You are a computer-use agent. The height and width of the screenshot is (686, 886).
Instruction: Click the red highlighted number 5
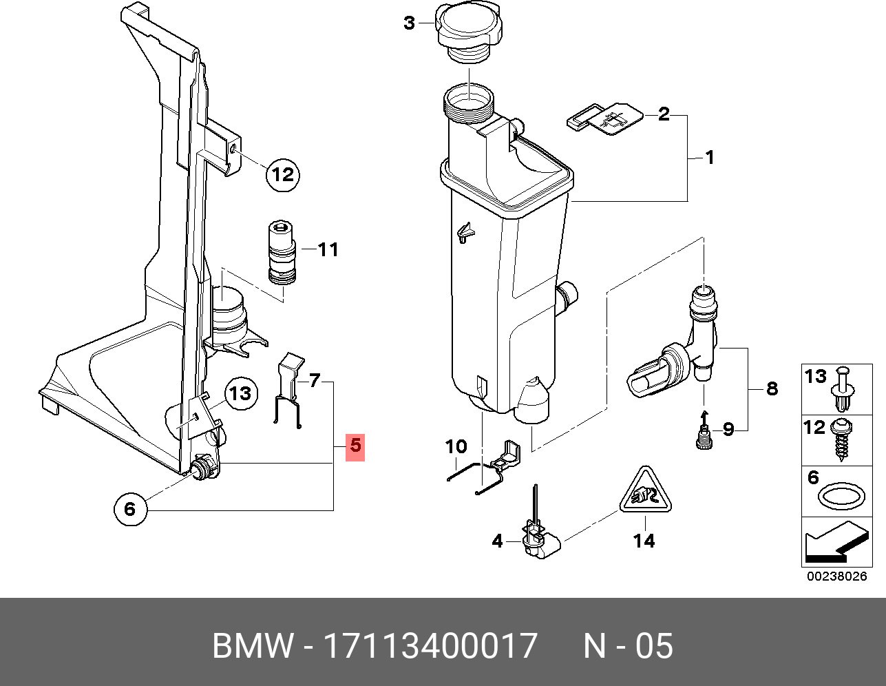(355, 447)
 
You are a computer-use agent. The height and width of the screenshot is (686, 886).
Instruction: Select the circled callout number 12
(282, 175)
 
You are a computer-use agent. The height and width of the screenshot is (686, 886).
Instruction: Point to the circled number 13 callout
(240, 394)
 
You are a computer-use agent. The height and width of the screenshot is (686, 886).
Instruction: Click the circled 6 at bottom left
(130, 509)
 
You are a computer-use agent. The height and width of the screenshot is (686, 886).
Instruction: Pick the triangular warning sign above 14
(645, 490)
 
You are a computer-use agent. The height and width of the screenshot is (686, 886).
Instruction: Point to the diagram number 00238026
(837, 576)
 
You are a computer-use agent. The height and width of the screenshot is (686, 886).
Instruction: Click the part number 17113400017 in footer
(430, 645)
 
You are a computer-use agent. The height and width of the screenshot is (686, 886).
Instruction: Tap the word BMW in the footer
(253, 645)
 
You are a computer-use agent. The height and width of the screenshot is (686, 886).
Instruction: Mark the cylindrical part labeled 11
(282, 253)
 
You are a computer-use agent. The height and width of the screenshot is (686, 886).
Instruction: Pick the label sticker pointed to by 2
(605, 118)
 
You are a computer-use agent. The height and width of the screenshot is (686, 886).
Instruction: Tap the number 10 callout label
(456, 446)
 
